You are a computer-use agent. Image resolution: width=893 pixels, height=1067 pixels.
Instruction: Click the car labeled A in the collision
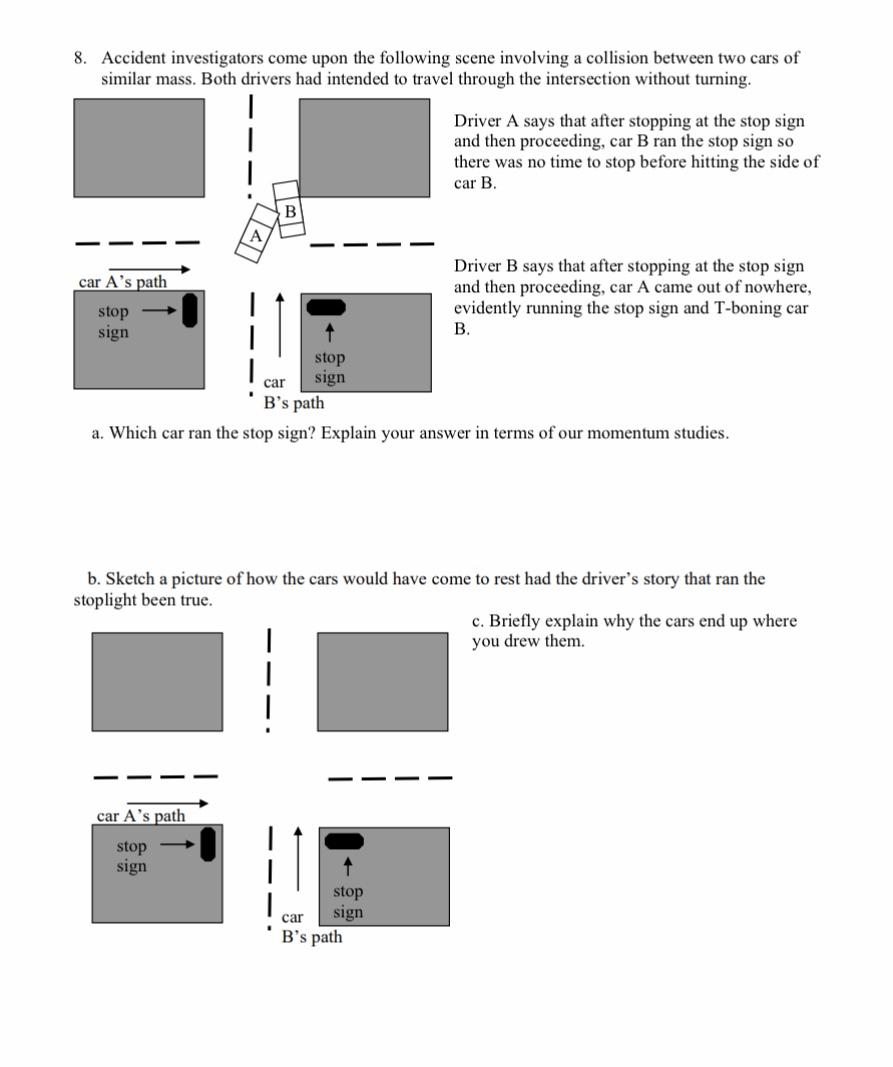(x=256, y=236)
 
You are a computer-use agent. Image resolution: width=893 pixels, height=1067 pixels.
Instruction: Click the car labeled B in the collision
(x=289, y=210)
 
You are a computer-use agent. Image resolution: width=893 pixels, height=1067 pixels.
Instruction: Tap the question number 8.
(x=80, y=58)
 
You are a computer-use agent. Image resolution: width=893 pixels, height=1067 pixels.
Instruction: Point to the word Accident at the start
(x=138, y=58)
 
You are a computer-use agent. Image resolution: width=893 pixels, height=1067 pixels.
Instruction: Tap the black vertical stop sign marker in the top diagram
(x=190, y=310)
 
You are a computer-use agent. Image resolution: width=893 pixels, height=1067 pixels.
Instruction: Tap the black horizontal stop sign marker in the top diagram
(x=325, y=306)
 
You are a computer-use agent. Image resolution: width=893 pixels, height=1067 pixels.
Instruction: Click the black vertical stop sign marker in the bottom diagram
(x=208, y=844)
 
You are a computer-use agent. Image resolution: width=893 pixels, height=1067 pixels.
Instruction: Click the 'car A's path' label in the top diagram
(x=123, y=282)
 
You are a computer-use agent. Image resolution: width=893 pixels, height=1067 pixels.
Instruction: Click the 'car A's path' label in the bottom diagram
(x=141, y=815)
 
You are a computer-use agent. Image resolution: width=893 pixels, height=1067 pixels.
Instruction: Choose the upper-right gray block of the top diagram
(x=365, y=148)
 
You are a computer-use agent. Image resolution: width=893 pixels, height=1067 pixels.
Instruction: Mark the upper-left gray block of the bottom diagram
(x=157, y=681)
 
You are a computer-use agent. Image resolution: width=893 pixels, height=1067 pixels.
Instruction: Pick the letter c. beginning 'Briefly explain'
(x=478, y=621)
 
